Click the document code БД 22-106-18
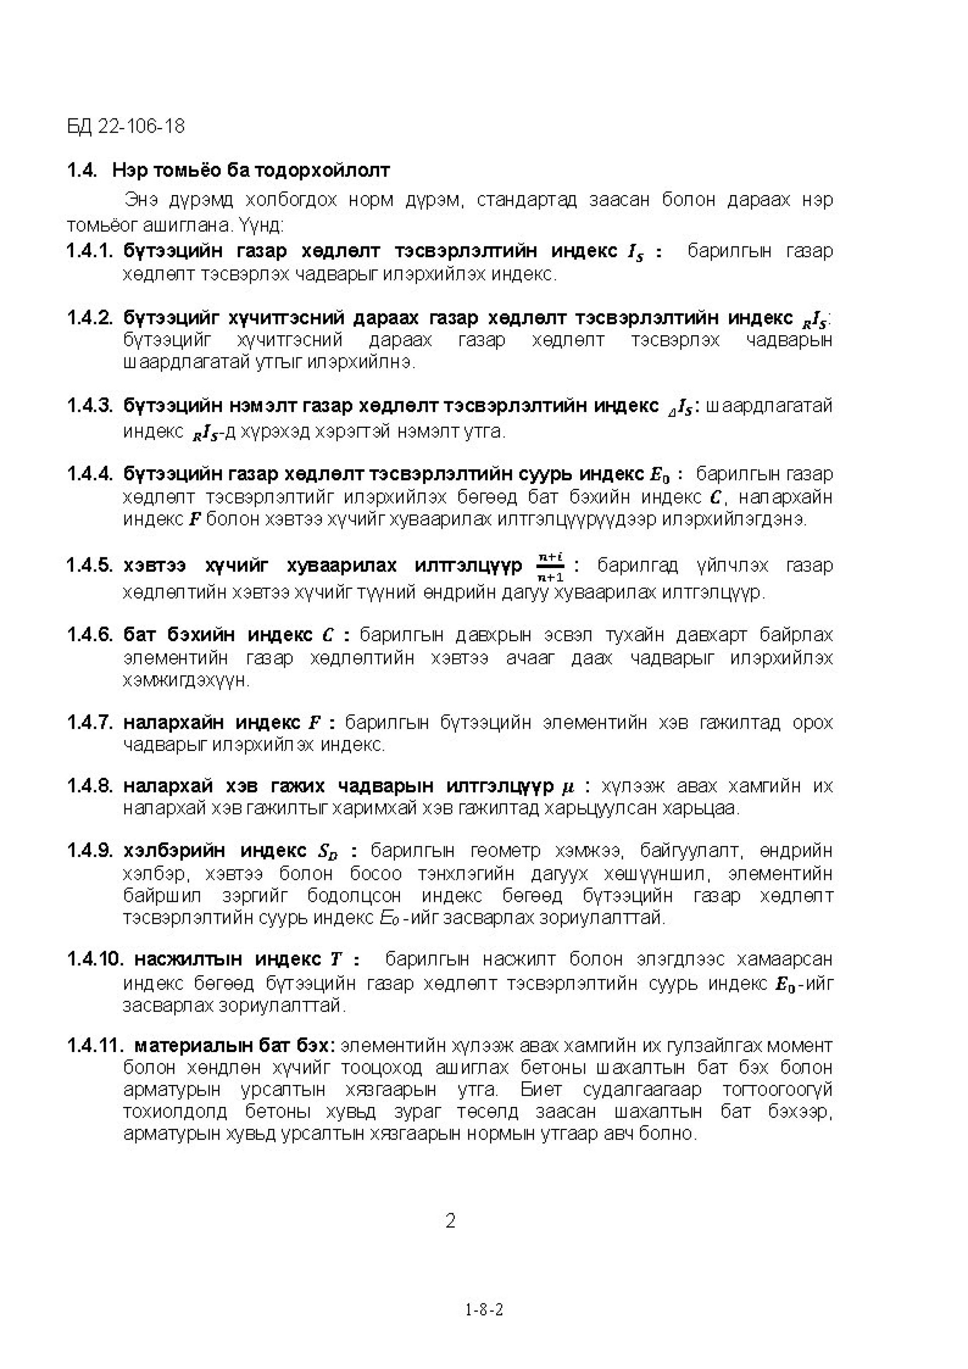[x=126, y=127]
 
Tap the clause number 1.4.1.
[x=89, y=252]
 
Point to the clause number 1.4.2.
[x=89, y=319]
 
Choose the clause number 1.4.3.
[x=89, y=406]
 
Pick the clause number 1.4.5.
[x=89, y=565]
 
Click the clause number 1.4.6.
[x=89, y=635]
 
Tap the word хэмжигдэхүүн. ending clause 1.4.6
[x=186, y=680]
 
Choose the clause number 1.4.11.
[x=94, y=1045]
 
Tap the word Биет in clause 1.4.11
[x=541, y=1090]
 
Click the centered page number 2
[x=451, y=1221]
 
